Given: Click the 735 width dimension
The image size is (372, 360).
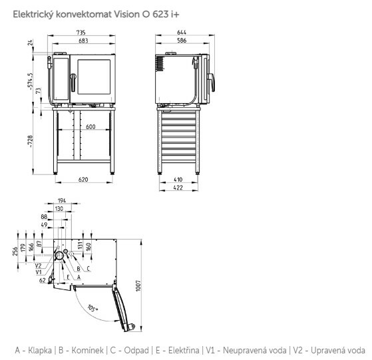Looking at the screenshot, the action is click(x=81, y=32).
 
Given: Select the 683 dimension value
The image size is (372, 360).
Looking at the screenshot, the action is click(x=83, y=41).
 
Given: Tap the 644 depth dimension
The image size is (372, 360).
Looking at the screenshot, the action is click(x=182, y=32).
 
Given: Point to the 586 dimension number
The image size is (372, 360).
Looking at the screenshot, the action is click(x=182, y=41).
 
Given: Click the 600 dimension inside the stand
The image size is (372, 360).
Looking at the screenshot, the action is click(x=91, y=126).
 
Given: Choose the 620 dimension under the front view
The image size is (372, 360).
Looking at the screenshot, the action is click(x=83, y=180).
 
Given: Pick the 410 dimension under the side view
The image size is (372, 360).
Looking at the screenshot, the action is click(x=178, y=180).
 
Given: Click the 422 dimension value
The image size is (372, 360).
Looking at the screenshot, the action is click(x=178, y=188).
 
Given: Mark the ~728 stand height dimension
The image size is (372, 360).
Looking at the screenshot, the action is click(x=30, y=141).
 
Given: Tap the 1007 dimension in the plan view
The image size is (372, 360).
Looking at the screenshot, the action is click(x=138, y=285).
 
